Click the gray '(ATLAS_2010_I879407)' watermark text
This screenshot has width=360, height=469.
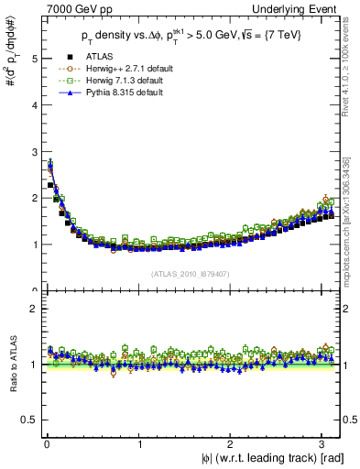point(190,272)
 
